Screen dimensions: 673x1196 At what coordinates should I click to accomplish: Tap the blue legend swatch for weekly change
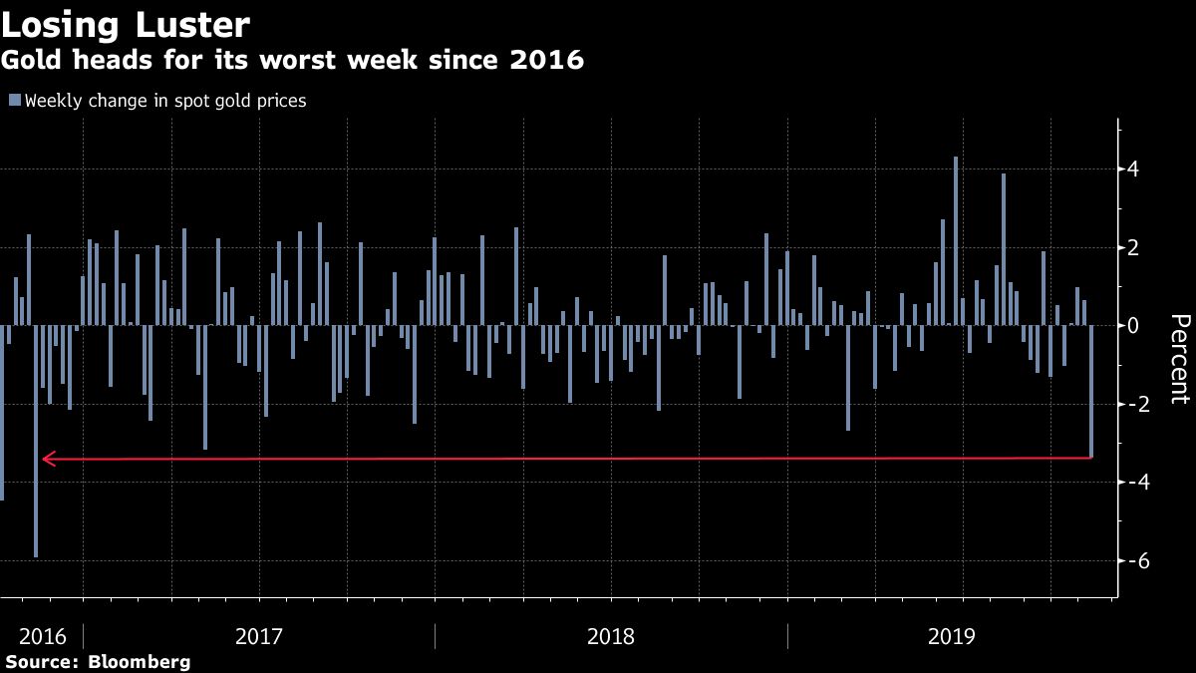tap(14, 100)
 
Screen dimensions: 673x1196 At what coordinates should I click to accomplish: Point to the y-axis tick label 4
tap(1132, 169)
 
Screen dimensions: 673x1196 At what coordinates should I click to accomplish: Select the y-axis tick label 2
tap(1132, 247)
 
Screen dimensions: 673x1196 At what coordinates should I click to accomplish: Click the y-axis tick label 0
tap(1132, 325)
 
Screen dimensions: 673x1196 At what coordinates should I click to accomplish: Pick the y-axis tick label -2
tap(1129, 404)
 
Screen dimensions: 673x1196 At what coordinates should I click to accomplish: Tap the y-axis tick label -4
tap(1129, 482)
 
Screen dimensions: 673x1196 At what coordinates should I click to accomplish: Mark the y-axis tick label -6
tap(1129, 560)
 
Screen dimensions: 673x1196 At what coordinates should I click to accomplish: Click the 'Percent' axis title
tap(1180, 359)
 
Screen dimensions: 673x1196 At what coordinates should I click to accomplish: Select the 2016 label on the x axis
tap(43, 636)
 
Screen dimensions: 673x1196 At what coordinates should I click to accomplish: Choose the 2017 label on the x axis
tap(259, 636)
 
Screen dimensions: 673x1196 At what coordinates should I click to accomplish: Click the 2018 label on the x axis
tap(611, 636)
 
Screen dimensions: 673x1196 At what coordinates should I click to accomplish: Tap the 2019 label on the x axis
tap(951, 636)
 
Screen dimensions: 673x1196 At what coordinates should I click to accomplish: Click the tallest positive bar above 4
tap(955, 240)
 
